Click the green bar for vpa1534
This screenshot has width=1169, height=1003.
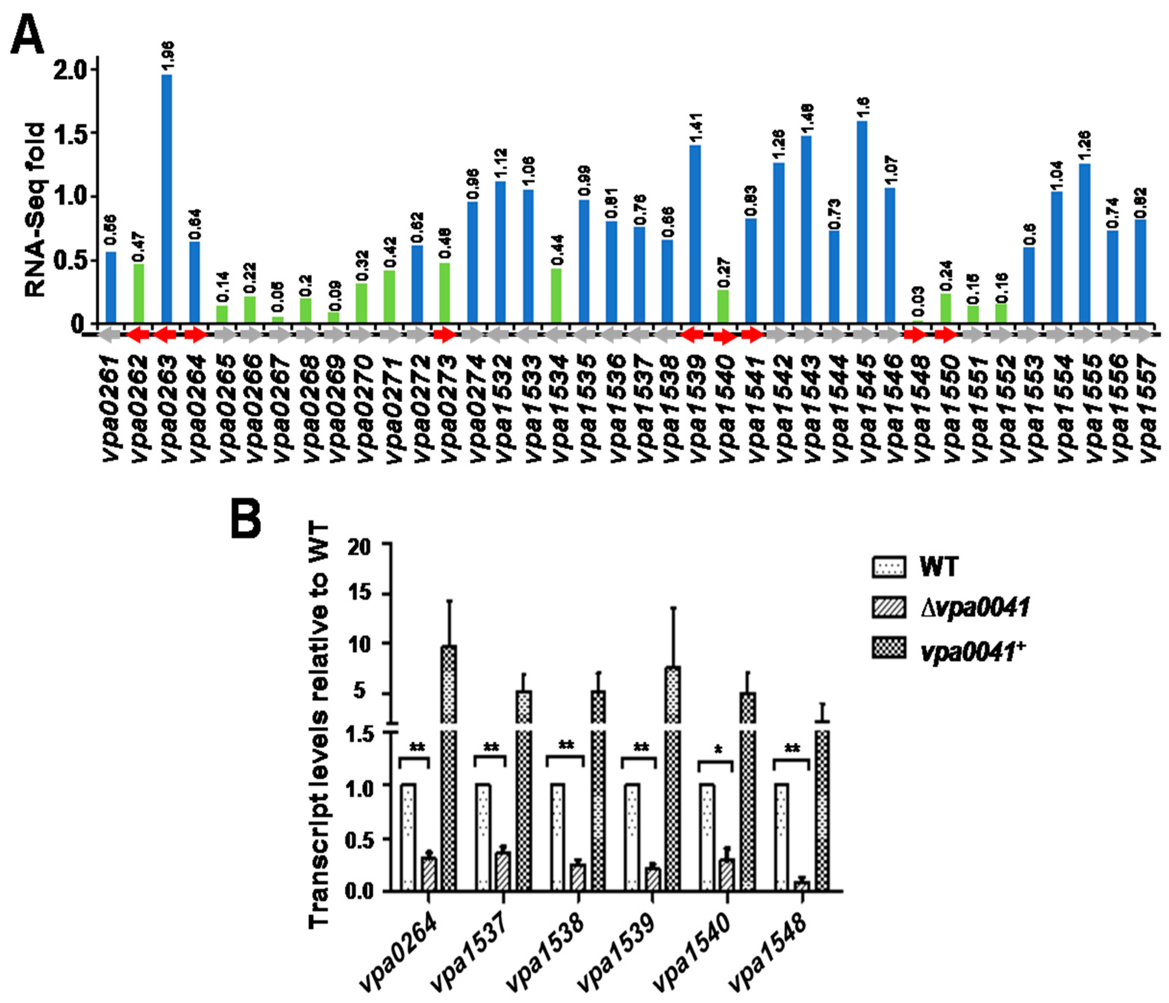[556, 296]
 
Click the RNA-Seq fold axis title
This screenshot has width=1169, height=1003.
[35, 210]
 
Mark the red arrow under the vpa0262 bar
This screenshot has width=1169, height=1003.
[139, 335]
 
